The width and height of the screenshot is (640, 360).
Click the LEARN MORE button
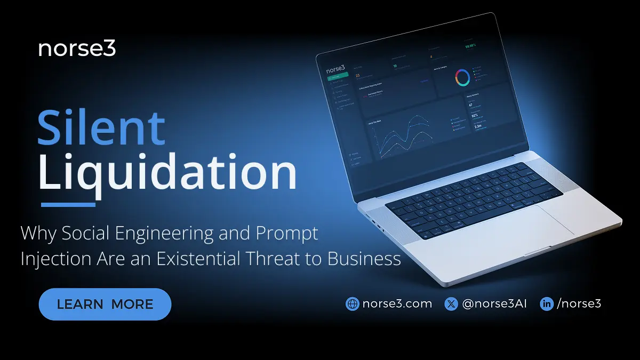[x=105, y=304]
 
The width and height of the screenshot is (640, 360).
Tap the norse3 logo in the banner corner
[x=77, y=49]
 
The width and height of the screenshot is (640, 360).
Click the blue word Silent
[x=101, y=128]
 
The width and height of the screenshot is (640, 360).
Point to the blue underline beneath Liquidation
[x=68, y=204]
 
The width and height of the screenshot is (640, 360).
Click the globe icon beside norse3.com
[x=352, y=304]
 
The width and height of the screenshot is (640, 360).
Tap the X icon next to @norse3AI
[x=451, y=304]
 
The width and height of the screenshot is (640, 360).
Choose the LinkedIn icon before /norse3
[x=547, y=304]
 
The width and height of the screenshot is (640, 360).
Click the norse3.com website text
[x=397, y=304]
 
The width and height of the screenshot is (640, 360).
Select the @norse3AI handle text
[x=494, y=304]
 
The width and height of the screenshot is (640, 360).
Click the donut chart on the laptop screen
[x=462, y=78]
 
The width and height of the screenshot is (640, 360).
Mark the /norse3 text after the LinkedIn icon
[x=579, y=304]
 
